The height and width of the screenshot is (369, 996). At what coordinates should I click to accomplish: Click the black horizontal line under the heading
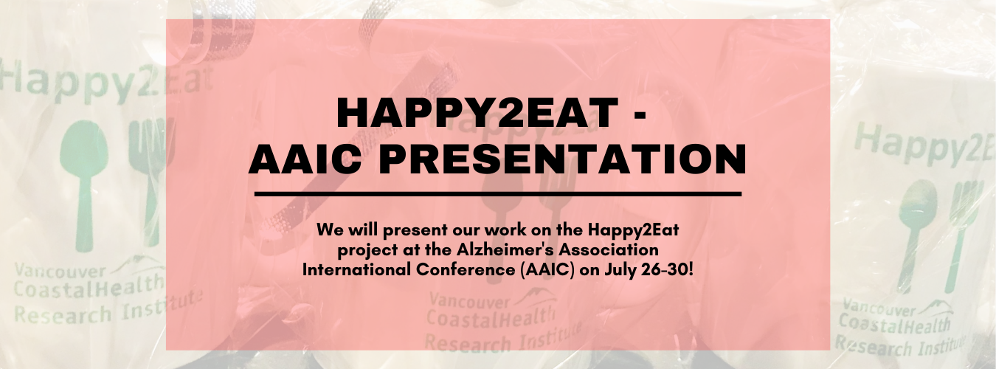point(497,194)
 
